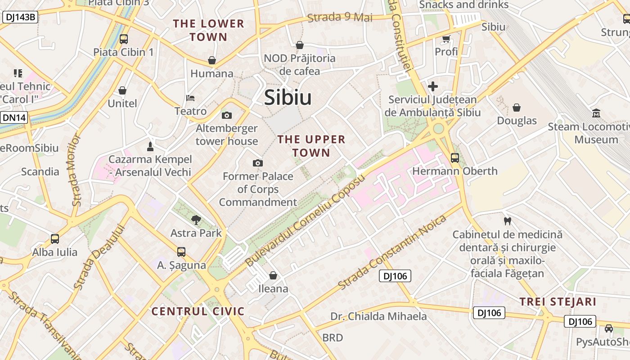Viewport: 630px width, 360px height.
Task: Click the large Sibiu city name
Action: [288, 98]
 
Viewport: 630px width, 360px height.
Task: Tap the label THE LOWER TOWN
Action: [208, 30]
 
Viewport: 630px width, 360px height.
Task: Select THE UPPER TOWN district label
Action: [311, 146]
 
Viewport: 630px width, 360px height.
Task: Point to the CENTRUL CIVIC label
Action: [198, 311]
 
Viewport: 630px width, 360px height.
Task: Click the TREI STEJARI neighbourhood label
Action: [558, 301]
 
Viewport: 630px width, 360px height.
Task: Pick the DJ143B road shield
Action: [20, 18]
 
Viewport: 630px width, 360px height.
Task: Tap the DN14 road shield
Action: [14, 118]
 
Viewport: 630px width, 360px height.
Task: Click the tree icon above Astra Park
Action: [196, 220]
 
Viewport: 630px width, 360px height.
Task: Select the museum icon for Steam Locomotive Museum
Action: [596, 113]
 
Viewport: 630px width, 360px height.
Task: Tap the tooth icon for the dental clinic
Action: [508, 221]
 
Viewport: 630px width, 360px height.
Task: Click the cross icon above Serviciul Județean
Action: [433, 86]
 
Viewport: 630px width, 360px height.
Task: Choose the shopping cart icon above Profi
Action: [446, 39]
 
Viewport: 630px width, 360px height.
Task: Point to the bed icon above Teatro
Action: [190, 98]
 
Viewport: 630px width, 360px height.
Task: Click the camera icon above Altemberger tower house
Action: [227, 115]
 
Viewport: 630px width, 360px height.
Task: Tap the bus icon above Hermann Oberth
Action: [455, 158]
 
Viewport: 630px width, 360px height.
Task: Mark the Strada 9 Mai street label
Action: [340, 18]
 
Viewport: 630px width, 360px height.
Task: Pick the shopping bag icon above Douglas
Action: [517, 108]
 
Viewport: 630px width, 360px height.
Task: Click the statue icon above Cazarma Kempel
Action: [150, 146]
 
